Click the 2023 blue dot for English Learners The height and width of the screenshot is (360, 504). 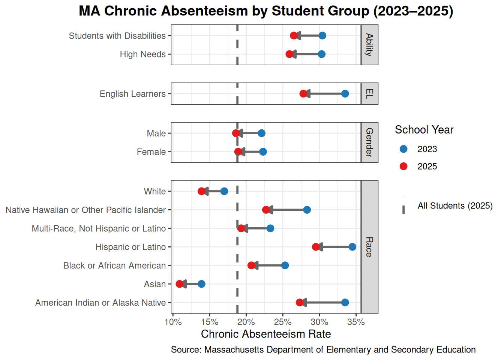(345, 94)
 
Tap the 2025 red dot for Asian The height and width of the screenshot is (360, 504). (180, 284)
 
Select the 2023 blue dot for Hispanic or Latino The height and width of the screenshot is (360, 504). (352, 247)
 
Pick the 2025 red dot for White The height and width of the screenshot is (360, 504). (201, 191)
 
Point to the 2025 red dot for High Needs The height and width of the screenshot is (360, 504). (289, 54)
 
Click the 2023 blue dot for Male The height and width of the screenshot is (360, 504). (261, 133)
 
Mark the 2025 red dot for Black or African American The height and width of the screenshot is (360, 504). (251, 265)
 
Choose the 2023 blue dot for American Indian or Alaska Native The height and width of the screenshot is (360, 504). (345, 303)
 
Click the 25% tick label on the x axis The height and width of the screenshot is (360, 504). (282, 322)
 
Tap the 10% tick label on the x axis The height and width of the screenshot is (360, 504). (173, 322)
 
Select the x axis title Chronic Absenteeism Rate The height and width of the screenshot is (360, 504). (266, 334)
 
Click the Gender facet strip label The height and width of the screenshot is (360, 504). (369, 142)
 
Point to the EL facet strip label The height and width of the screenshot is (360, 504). (369, 94)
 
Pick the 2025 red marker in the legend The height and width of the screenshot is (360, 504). (403, 166)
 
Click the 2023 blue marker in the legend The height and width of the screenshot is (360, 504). (403, 149)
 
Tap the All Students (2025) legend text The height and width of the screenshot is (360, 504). (455, 206)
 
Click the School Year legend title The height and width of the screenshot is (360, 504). (424, 130)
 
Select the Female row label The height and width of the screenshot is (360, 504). (151, 152)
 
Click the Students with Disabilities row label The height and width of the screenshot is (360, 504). (117, 36)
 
